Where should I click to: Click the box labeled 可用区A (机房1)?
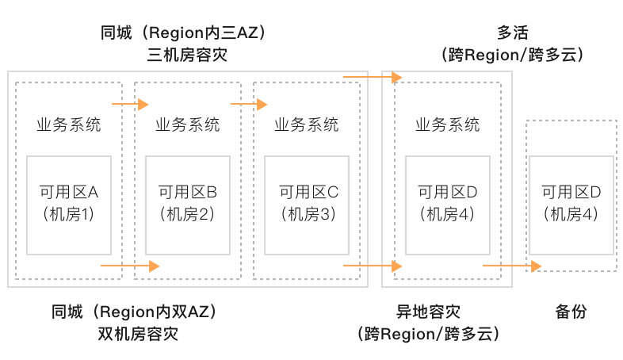[69, 205]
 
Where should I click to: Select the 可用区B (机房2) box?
[188, 205]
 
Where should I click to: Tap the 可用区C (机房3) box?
[307, 205]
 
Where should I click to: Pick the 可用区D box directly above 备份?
[571, 205]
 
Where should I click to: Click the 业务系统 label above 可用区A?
[68, 125]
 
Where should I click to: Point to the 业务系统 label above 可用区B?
[187, 125]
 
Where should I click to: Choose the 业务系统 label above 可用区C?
[306, 125]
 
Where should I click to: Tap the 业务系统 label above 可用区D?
[447, 125]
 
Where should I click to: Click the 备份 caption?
[571, 312]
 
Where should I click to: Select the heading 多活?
[514, 33]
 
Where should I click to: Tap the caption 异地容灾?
[428, 312]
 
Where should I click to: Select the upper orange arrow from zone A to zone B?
[131, 104]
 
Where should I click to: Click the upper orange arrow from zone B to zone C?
[249, 104]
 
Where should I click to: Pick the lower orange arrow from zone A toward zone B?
[131, 266]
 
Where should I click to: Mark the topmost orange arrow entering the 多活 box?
[373, 77]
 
